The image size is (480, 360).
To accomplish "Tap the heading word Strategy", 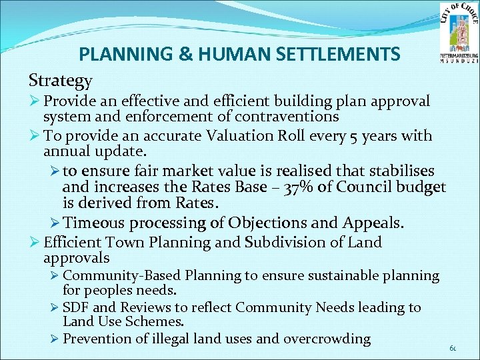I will coord(61,81).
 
